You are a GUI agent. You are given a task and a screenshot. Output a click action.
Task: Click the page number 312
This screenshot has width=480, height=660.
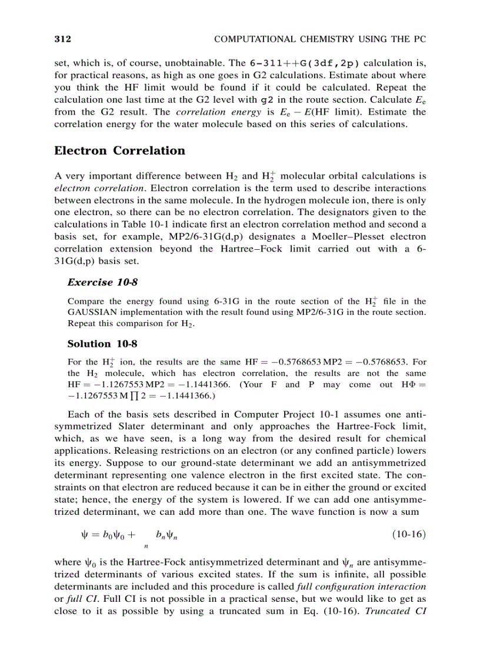click(x=62, y=39)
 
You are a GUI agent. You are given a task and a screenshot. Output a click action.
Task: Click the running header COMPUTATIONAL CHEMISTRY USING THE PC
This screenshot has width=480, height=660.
click(x=319, y=39)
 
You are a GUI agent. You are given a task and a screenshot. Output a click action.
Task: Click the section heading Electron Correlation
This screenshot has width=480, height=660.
click(x=119, y=151)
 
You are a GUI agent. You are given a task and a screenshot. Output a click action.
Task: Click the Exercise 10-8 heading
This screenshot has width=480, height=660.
click(x=98, y=282)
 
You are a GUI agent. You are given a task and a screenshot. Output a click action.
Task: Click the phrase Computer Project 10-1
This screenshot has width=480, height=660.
click(x=279, y=414)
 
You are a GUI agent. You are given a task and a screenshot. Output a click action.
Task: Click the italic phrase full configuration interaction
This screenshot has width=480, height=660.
click(x=362, y=587)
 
